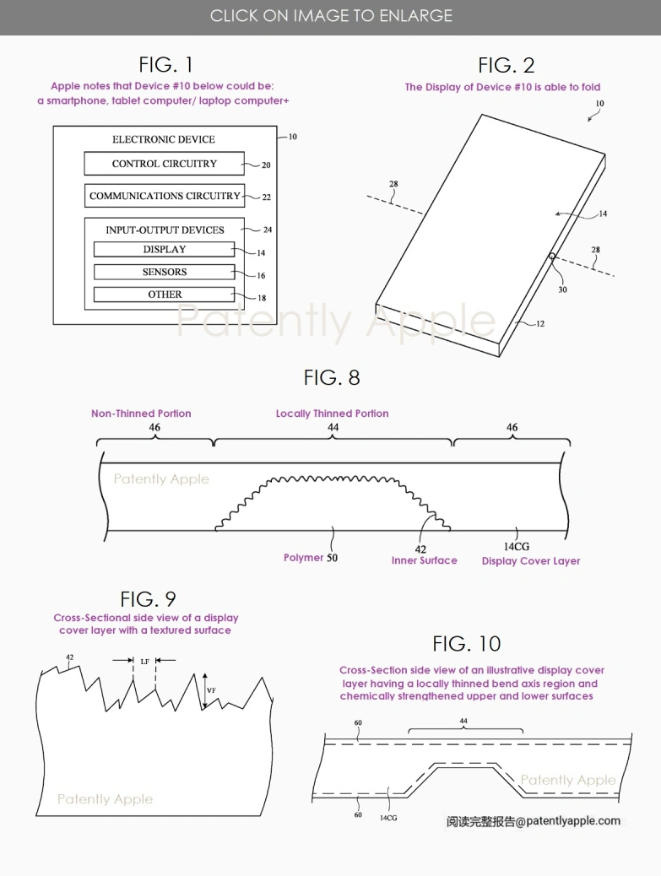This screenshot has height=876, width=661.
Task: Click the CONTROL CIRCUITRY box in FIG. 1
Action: click(x=164, y=164)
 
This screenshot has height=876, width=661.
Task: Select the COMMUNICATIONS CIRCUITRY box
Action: click(x=165, y=196)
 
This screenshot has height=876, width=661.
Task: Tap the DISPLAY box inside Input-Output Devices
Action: click(x=164, y=249)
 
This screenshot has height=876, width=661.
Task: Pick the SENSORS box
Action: click(x=164, y=272)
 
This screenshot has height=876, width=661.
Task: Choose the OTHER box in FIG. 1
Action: click(x=164, y=295)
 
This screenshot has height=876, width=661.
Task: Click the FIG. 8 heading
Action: click(x=331, y=377)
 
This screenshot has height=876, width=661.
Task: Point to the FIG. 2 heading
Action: click(x=506, y=65)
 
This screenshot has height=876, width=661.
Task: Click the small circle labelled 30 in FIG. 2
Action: click(x=550, y=256)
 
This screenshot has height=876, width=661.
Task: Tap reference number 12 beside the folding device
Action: click(x=539, y=323)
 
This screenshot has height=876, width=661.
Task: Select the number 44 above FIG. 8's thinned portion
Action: click(x=333, y=428)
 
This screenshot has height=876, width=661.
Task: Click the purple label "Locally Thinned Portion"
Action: click(x=332, y=414)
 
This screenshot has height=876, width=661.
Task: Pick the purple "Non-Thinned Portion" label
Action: click(x=141, y=414)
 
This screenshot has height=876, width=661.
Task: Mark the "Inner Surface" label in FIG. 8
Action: click(x=424, y=560)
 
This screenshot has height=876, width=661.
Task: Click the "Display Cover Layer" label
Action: click(x=530, y=560)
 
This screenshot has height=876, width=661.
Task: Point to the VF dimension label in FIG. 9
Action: click(x=211, y=689)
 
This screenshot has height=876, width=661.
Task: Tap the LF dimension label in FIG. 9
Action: click(x=144, y=661)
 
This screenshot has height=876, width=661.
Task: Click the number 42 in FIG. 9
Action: click(x=69, y=657)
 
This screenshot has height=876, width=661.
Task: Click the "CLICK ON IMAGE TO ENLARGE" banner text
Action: click(x=331, y=16)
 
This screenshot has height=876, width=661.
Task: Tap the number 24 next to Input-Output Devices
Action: click(x=267, y=230)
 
